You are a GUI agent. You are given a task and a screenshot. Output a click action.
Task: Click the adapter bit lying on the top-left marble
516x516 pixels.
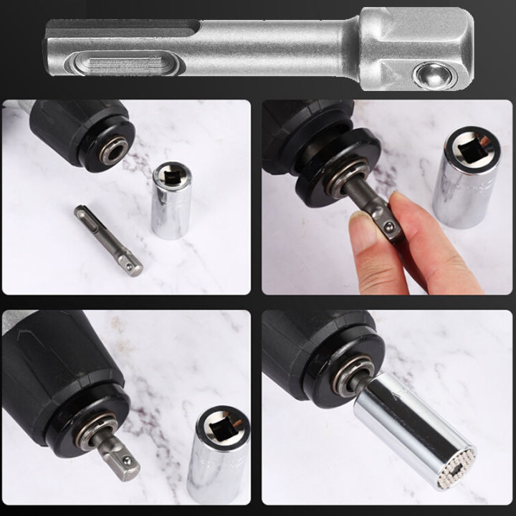coord(107,239)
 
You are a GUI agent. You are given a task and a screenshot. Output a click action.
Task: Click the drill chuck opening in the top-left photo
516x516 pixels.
coord(113,151)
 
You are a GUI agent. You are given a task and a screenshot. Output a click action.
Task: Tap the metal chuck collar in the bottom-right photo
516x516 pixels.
coord(353,378)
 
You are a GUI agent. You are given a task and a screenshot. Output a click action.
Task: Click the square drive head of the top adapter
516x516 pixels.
coord(416,49)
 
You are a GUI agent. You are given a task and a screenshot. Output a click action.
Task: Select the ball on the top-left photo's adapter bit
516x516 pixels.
coord(130,266)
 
